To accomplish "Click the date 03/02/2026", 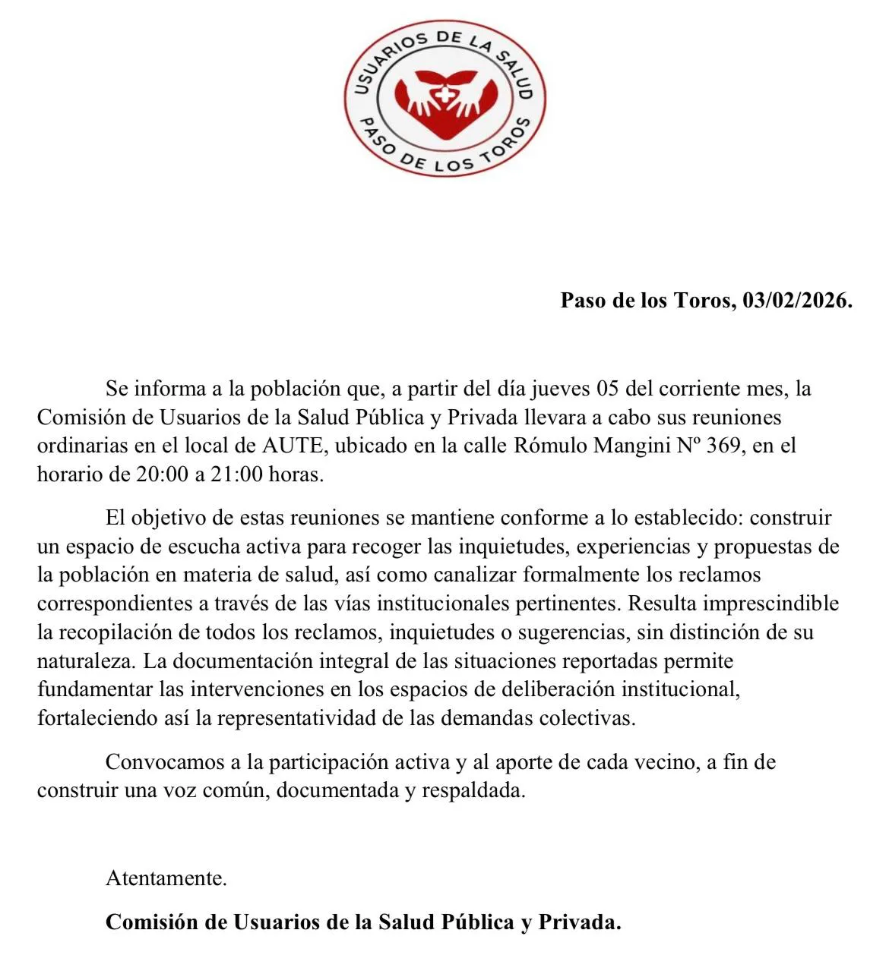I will click(797, 300).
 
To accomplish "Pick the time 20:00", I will click(162, 474).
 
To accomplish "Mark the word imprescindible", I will click(771, 604).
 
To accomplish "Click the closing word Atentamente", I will click(166, 878).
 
